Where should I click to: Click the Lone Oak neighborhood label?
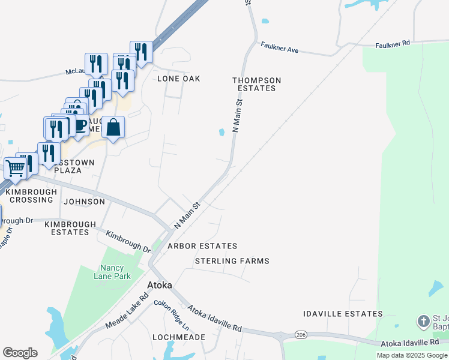tap(178, 79)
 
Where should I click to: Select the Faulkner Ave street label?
tap(279, 48)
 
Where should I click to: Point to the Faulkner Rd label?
tap(392, 44)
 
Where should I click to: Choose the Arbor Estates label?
tap(202, 246)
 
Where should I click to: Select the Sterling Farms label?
tap(232, 261)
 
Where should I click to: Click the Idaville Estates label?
tap(342, 314)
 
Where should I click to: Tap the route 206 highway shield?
tap(301, 334)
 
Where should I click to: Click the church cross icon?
tap(424, 322)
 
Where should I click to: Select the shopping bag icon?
tap(113, 127)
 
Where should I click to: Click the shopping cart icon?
tap(14, 167)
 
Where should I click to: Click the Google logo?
tap(20, 353)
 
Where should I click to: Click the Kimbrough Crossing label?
tap(31, 196)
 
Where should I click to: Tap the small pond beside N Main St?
tap(222, 133)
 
